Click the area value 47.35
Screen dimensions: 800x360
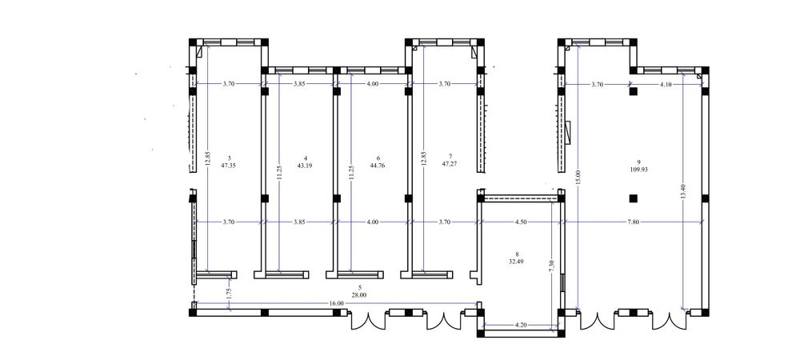[x=229, y=166]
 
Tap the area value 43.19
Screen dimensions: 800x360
[x=305, y=166]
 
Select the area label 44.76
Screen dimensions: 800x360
[x=378, y=166]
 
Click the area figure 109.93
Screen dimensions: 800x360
[x=638, y=170]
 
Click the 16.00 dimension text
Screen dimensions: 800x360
[x=336, y=303]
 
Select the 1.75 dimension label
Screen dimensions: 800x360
[x=229, y=294]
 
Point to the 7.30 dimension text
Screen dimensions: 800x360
[x=550, y=266]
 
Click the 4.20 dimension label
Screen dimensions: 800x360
[x=520, y=324]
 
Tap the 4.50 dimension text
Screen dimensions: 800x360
[x=521, y=222]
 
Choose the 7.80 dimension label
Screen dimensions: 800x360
[x=633, y=222]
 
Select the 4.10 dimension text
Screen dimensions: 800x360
[x=666, y=85]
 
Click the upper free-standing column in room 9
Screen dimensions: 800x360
[x=633, y=92]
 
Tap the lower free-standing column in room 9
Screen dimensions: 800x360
[x=633, y=198]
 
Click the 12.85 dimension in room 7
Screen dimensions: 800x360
[x=423, y=159]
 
